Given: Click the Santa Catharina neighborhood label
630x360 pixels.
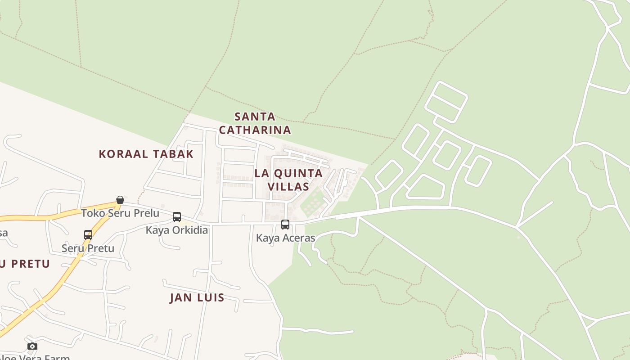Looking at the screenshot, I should [x=255, y=123].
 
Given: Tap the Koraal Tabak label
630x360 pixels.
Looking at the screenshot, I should [x=146, y=154].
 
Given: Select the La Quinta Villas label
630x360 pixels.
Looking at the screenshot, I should [x=288, y=180].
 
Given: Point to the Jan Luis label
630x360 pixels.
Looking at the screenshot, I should [x=197, y=297].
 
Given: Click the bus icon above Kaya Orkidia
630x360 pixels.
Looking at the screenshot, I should [x=177, y=217].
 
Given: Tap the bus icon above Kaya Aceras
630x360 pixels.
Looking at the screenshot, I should [x=285, y=225].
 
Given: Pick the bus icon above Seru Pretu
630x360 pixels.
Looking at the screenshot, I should [x=88, y=234].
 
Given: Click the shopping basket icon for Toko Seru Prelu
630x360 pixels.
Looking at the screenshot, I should [x=120, y=200].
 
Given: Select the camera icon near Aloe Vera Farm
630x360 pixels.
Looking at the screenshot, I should [x=32, y=346].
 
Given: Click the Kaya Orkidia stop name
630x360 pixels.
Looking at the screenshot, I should [x=177, y=230].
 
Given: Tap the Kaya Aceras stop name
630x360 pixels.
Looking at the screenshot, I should [x=285, y=238].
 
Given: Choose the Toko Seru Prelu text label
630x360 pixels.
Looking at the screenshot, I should [x=120, y=213].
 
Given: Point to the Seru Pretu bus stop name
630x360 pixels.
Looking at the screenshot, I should [x=88, y=248].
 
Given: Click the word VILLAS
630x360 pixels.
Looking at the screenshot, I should [x=288, y=186].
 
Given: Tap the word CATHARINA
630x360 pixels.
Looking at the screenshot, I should [x=255, y=130].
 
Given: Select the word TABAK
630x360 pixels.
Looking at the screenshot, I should [x=173, y=154].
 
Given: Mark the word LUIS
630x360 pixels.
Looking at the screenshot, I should [x=211, y=297].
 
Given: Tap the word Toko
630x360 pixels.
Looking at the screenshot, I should [x=92, y=213].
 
